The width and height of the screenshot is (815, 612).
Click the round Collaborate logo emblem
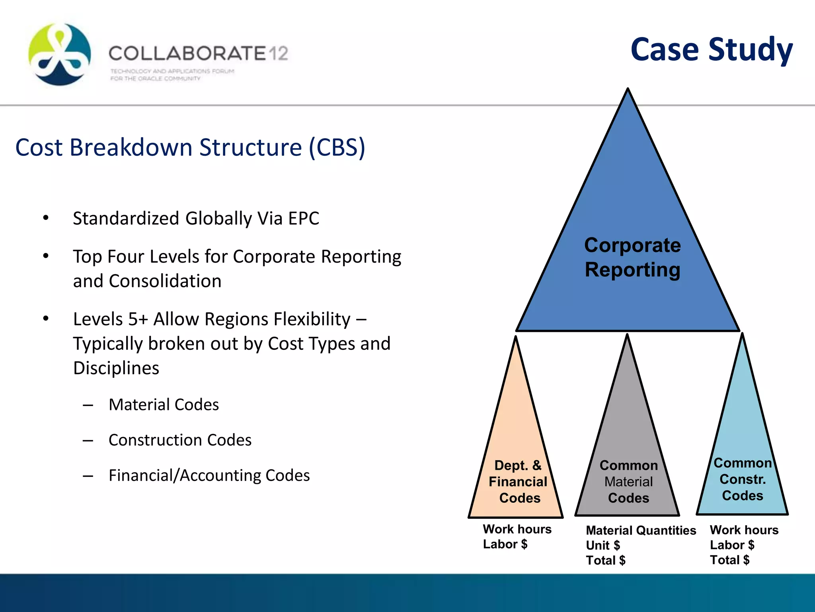[x=60, y=54]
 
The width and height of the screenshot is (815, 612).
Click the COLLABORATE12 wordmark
[x=198, y=53]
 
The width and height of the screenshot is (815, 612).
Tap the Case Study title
[x=712, y=49]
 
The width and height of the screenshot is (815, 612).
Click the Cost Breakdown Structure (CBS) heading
[x=190, y=147]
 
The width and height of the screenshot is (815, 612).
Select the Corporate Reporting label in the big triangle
[x=632, y=257]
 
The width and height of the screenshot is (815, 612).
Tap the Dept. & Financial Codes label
[x=518, y=482]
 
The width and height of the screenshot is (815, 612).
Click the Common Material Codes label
[x=628, y=482]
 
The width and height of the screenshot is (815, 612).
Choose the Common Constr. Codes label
[x=743, y=479]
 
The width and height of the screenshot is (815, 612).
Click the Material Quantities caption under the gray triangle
[x=641, y=530]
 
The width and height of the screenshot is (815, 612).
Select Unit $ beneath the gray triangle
[x=603, y=545]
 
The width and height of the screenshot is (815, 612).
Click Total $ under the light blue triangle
[x=729, y=560]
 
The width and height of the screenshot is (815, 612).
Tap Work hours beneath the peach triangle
[x=517, y=529]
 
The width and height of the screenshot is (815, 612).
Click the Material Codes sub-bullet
[x=164, y=405]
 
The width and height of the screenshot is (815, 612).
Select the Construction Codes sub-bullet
[x=180, y=440]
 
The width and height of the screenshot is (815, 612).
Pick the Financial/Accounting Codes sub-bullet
[x=209, y=476]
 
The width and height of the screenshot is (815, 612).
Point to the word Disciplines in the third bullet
[x=116, y=368]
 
